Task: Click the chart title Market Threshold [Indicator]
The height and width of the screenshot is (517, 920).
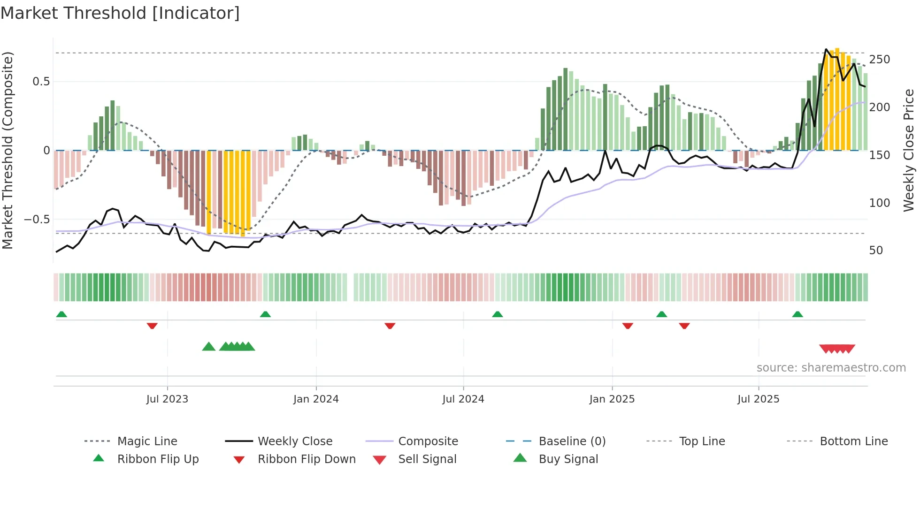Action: (x=120, y=13)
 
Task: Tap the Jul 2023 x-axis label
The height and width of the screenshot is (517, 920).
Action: (x=167, y=399)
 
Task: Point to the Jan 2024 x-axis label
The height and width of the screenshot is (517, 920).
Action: (x=316, y=399)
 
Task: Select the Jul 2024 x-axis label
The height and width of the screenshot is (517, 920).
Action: (x=463, y=399)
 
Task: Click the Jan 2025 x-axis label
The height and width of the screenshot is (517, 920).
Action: (x=612, y=399)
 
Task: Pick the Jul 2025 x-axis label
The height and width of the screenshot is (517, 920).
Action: (x=759, y=399)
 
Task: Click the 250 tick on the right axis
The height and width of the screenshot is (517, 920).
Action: (x=880, y=60)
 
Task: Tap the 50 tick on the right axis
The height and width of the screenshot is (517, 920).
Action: (x=876, y=251)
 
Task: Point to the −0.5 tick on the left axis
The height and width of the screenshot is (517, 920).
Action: (x=37, y=220)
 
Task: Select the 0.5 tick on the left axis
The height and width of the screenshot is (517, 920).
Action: (x=41, y=82)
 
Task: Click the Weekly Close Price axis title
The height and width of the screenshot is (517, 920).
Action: (x=909, y=150)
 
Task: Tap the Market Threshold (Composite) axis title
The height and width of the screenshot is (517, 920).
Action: (x=8, y=150)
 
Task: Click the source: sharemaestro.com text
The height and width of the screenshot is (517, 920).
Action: (x=831, y=368)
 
